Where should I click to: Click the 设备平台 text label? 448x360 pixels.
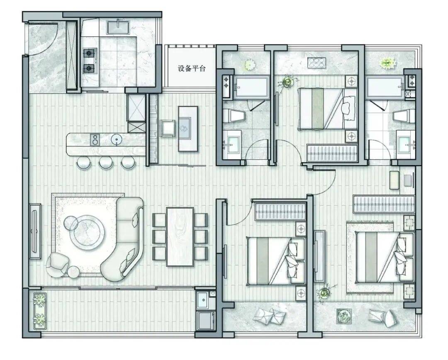tap(191, 68)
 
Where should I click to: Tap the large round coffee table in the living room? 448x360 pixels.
tap(88, 232)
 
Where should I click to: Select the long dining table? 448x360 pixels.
tap(180, 237)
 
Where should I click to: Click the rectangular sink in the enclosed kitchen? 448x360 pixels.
tap(118, 27)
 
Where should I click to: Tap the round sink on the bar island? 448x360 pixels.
tap(117, 139)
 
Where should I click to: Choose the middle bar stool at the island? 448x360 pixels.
tap(106, 163)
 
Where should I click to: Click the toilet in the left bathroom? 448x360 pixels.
tap(234, 116)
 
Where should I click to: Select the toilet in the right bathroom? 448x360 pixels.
tap(404, 116)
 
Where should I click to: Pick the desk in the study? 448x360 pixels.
tap(188, 129)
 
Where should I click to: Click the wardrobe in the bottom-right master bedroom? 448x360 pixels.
tap(384, 204)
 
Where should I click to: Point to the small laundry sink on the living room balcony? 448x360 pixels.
tap(203, 299)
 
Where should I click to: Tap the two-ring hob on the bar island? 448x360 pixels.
tap(95, 139)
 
